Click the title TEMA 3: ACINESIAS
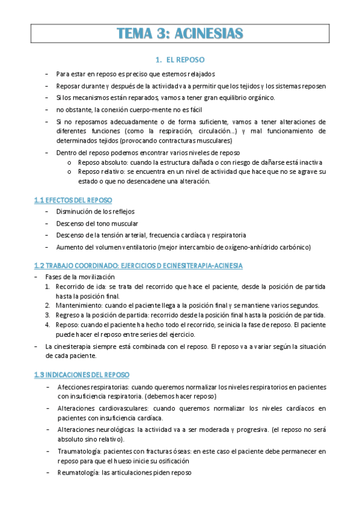pos(180,33)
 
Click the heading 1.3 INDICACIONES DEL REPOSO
pos(86,374)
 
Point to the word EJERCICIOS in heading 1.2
pos(154,265)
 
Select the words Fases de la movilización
pos(79,276)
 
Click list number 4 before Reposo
pos(49,325)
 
